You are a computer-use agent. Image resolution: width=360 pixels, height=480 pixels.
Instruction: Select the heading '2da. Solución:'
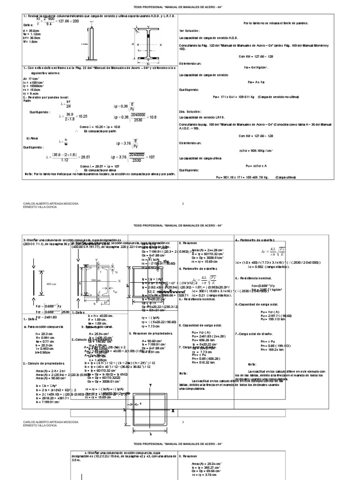pos(191,112)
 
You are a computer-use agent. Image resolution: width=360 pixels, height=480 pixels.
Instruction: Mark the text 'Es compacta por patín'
pos(98,131)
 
